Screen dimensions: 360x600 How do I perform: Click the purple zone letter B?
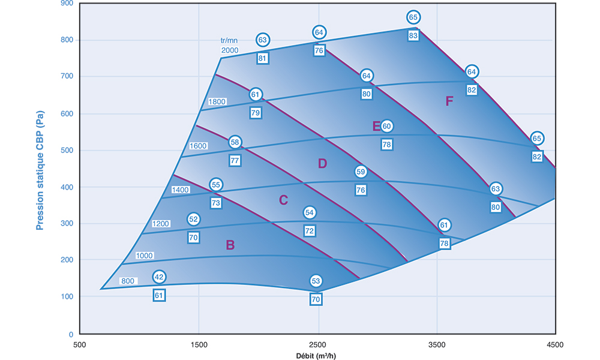click(230, 245)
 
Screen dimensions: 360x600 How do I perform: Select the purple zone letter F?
click(449, 101)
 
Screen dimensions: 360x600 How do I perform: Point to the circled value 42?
click(159, 277)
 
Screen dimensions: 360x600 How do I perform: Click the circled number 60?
click(386, 126)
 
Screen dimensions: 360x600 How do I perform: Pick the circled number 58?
click(235, 142)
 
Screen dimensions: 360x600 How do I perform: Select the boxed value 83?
click(413, 35)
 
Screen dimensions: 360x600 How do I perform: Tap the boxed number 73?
click(216, 203)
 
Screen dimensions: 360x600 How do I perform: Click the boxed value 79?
click(256, 113)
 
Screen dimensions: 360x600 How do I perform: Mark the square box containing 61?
click(159, 295)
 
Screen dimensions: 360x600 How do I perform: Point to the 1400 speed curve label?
click(181, 190)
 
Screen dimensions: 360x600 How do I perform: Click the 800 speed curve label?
click(128, 281)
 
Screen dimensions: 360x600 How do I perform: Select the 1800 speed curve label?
click(217, 102)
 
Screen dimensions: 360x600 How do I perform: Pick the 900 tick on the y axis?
click(67, 3)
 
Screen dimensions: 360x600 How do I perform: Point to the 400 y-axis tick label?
click(67, 187)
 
